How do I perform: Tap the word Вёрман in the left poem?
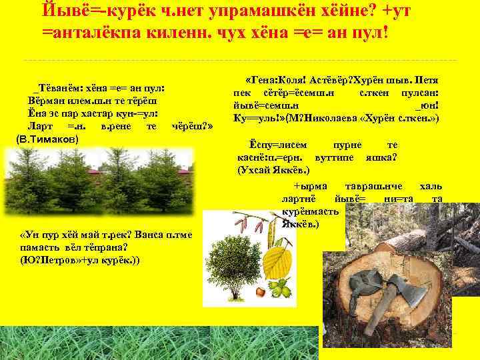pos(45,100)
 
